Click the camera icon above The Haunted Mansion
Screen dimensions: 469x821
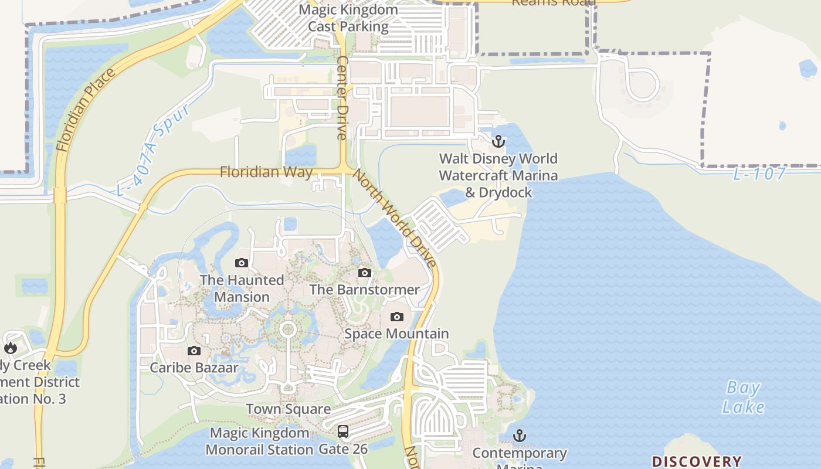[242, 263]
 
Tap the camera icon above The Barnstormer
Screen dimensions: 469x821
[365, 273]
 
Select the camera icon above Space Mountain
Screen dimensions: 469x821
[397, 317]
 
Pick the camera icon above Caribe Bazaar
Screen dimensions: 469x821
[194, 351]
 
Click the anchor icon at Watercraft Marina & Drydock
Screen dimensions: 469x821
[498, 141]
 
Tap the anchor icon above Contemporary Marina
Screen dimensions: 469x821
[519, 436]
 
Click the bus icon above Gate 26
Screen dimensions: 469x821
[343, 431]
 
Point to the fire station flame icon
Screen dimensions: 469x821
[11, 348]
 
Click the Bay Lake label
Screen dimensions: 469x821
[743, 397]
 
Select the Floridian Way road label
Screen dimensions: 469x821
[266, 172]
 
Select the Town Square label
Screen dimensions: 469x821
[288, 409]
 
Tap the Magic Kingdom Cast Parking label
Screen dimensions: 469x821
[348, 18]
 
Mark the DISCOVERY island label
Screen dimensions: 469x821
[697, 461]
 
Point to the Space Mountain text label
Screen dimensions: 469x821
[396, 334]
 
